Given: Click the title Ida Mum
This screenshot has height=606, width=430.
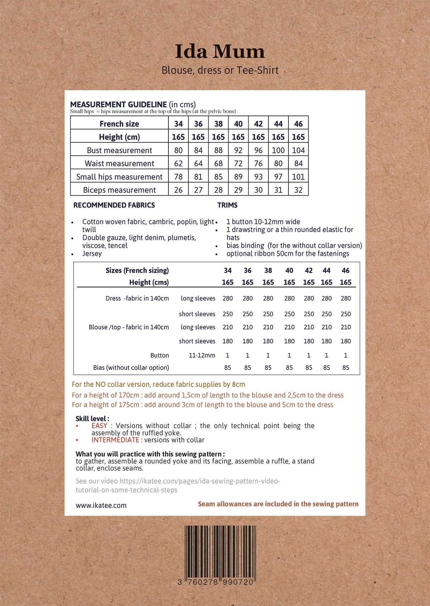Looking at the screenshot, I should [220, 52].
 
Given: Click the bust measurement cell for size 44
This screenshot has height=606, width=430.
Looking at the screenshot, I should [278, 150].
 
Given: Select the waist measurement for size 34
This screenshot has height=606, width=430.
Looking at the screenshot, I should [178, 164].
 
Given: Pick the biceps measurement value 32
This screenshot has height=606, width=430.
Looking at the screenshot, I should [298, 190].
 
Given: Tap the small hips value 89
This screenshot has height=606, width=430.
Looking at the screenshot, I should [238, 177].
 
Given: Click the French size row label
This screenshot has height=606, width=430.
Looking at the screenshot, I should [119, 124].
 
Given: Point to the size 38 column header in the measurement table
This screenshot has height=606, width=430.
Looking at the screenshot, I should [218, 124].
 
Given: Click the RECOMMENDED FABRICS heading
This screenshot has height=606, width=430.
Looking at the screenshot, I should [114, 205].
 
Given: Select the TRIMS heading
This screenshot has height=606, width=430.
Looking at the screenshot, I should [227, 205].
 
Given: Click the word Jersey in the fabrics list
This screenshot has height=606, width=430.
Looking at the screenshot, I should [92, 254].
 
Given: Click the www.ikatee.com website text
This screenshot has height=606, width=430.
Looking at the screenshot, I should [101, 506].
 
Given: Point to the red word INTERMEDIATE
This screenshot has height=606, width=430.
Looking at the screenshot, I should [115, 440].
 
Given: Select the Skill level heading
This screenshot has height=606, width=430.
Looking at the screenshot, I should [92, 419].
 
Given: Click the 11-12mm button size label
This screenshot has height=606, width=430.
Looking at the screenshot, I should [202, 356].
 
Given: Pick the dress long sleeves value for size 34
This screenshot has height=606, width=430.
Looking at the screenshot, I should [228, 299].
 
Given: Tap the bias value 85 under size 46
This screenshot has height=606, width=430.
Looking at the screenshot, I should [345, 368].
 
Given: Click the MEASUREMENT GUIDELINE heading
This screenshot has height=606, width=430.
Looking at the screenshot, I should [118, 104].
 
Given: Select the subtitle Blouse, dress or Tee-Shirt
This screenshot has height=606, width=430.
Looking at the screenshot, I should [220, 70].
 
